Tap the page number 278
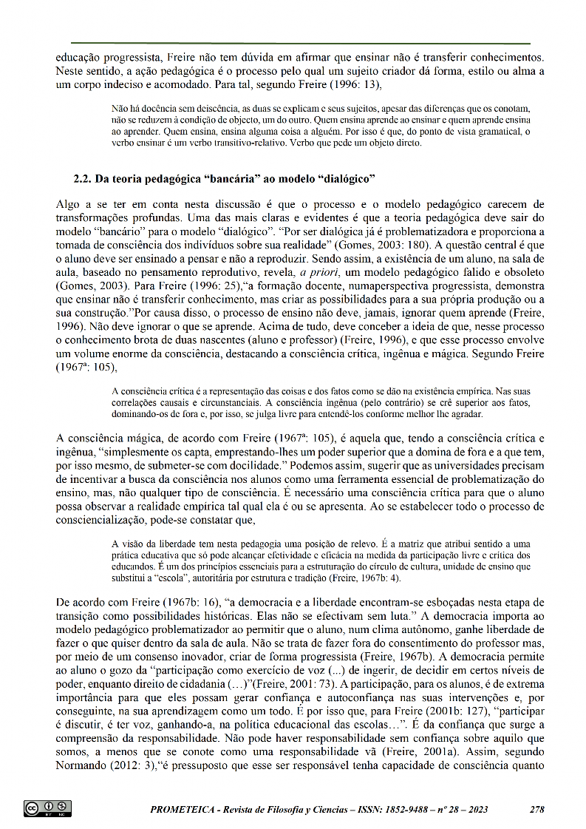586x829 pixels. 537,808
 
